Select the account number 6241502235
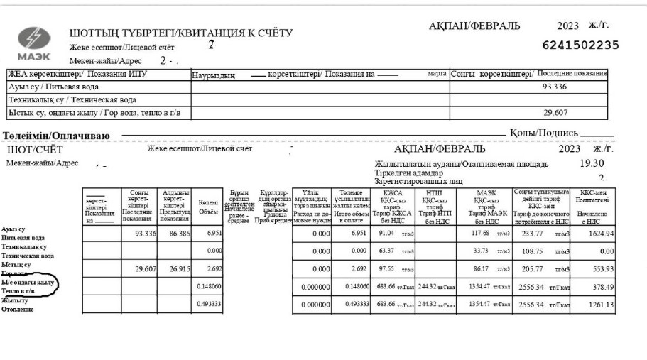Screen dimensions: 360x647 click(x=580, y=45)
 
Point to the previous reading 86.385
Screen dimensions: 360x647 click(x=175, y=233)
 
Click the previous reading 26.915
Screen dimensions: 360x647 click(x=175, y=269)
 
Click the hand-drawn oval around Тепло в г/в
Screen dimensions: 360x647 click(x=30, y=286)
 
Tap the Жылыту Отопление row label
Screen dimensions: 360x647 click(x=17, y=305)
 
